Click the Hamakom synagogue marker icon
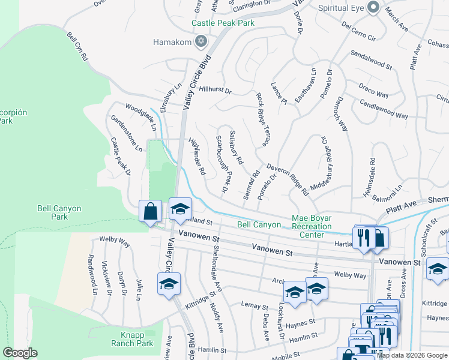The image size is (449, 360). (x=201, y=41)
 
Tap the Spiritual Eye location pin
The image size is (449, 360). (x=373, y=7)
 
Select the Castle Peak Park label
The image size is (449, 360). (x=223, y=23)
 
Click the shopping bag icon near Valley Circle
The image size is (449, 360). (x=149, y=211)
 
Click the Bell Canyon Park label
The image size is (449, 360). (x=59, y=212)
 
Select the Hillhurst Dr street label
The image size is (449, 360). (x=215, y=91)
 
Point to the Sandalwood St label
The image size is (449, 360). (x=371, y=65)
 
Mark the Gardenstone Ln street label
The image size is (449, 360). (x=125, y=132)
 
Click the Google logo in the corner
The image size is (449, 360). (x=20, y=353)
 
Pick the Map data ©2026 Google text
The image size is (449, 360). (x=412, y=355)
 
